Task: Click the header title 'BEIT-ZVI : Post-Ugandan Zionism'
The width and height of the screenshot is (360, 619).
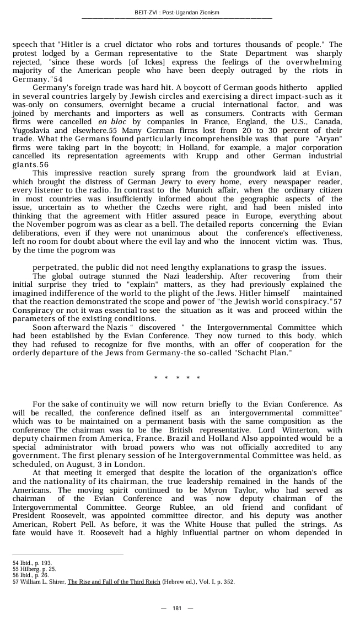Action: click(x=176, y=13)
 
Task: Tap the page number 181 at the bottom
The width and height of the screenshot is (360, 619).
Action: click(x=177, y=608)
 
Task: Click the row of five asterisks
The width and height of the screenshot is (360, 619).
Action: click(x=177, y=378)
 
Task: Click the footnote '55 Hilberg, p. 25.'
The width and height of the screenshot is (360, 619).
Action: click(x=34, y=569)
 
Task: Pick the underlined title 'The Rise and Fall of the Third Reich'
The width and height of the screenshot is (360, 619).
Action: click(x=114, y=581)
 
